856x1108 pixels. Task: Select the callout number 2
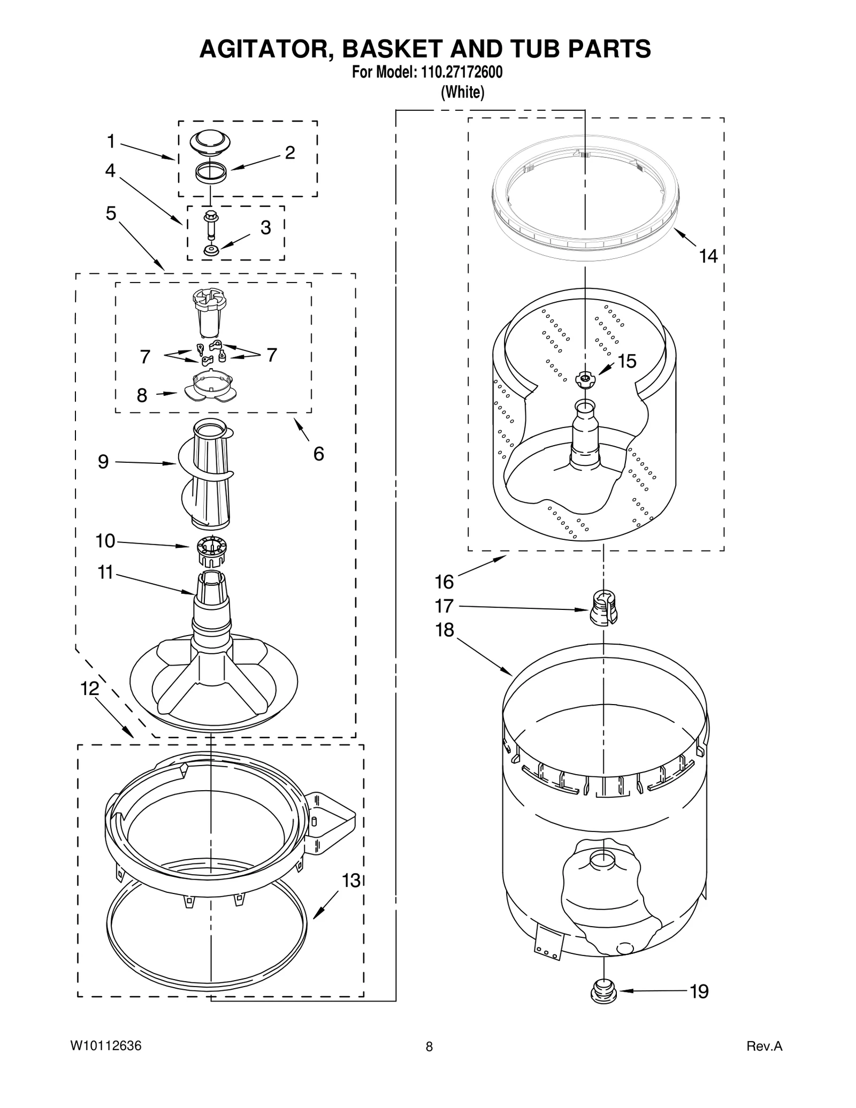pyautogui.click(x=289, y=153)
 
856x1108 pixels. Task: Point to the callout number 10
pyautogui.click(x=105, y=541)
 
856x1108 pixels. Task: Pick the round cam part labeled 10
pyautogui.click(x=212, y=549)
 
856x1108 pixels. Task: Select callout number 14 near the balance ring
pyautogui.click(x=708, y=256)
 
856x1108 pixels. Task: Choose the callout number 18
pyautogui.click(x=445, y=630)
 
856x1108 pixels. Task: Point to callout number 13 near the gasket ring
pyautogui.click(x=351, y=880)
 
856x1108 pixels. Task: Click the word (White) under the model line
pyautogui.click(x=462, y=93)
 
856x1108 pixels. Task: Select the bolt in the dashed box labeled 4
pyautogui.click(x=210, y=226)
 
